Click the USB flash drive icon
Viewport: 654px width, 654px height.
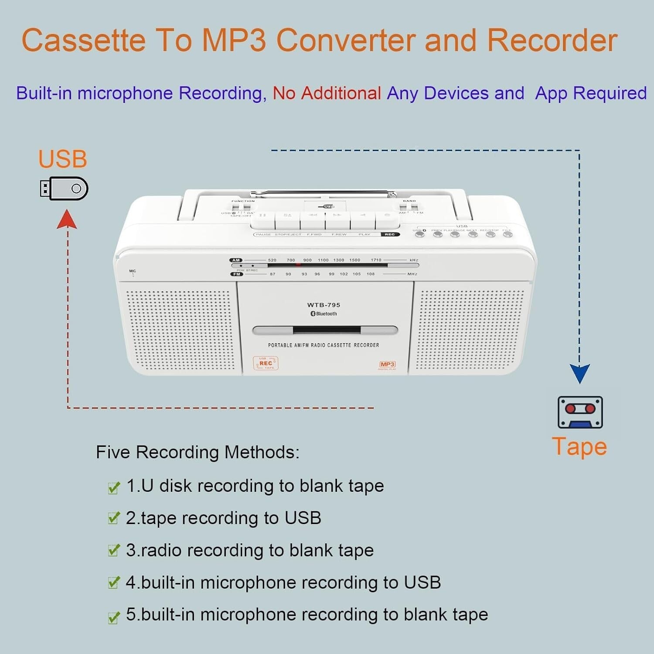point(64,188)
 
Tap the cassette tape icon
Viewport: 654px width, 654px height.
point(580,412)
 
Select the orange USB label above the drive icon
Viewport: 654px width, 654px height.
point(62,159)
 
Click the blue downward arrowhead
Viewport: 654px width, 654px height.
point(579,374)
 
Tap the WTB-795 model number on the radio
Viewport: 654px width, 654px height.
point(324,305)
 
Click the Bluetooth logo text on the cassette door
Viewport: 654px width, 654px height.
point(324,314)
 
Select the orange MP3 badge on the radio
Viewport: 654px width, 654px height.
point(387,364)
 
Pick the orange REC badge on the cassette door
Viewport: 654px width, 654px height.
point(266,363)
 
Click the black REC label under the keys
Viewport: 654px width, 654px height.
point(390,235)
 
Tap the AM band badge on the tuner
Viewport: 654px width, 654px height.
point(236,260)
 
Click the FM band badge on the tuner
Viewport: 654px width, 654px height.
point(237,274)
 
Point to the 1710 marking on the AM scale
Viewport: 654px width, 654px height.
point(376,260)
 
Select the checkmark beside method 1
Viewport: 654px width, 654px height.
point(113,487)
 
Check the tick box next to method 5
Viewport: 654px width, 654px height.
point(113,617)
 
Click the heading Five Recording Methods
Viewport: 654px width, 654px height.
point(198,452)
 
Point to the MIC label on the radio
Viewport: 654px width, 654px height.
point(133,271)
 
